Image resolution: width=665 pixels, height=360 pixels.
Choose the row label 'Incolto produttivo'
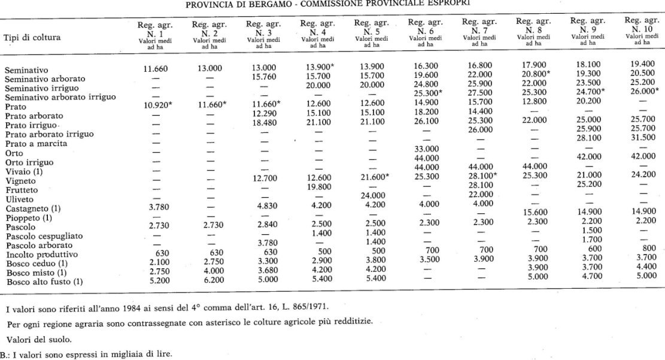pyautogui.click(x=38, y=254)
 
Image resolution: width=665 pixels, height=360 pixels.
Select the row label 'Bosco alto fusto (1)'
pyautogui.click(x=42, y=282)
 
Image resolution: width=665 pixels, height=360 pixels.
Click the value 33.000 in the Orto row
pyautogui.click(x=423, y=148)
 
